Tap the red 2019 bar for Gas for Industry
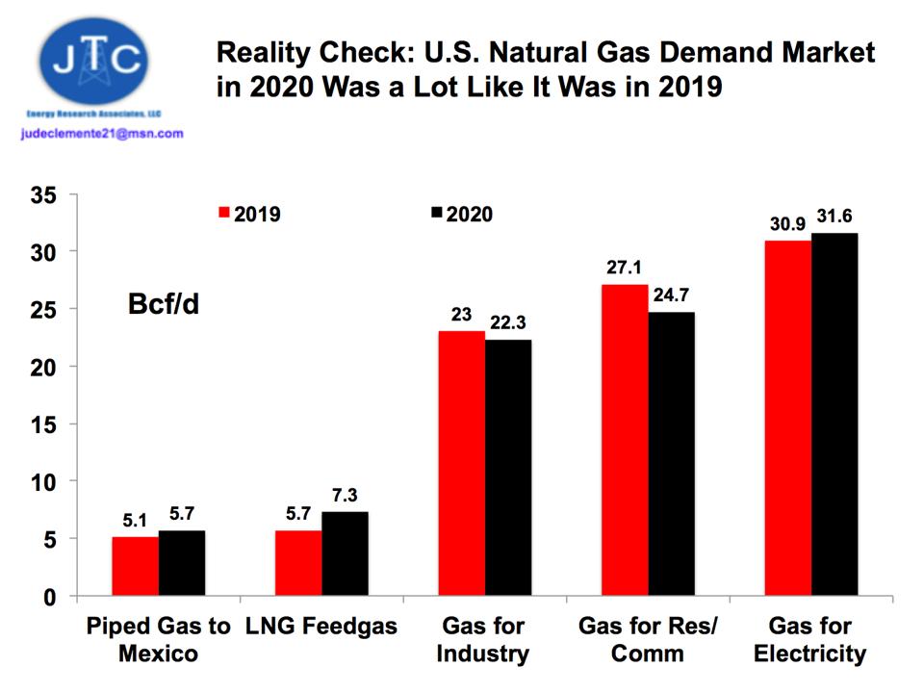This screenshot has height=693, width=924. (461, 463)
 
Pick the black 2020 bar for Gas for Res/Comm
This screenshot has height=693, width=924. (671, 453)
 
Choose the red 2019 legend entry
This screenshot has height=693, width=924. (250, 214)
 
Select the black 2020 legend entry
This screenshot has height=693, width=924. (461, 214)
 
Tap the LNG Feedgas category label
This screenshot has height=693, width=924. (321, 627)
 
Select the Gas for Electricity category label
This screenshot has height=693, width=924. (809, 640)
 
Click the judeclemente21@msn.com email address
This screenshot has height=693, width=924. (101, 134)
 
